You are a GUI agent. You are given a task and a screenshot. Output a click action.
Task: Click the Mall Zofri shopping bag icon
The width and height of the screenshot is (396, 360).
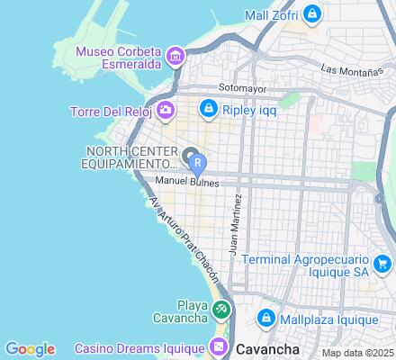click(x=310, y=14)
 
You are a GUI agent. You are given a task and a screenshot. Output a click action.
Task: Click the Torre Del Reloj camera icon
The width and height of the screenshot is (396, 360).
click(x=166, y=112)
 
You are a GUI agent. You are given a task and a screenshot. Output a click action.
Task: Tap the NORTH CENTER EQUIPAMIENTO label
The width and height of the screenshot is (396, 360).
click(x=132, y=158)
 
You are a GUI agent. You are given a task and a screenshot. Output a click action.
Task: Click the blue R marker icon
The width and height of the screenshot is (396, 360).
click(x=198, y=165)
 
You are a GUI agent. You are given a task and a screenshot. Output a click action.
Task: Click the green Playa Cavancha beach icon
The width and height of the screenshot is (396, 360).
click(x=221, y=309)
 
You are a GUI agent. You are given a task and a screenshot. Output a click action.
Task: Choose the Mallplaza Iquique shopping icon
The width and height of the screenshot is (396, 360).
click(x=266, y=319)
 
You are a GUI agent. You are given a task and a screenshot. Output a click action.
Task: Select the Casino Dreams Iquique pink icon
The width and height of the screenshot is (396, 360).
click(x=218, y=346)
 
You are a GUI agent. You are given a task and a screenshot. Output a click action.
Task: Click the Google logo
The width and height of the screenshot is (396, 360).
click(x=30, y=349)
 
